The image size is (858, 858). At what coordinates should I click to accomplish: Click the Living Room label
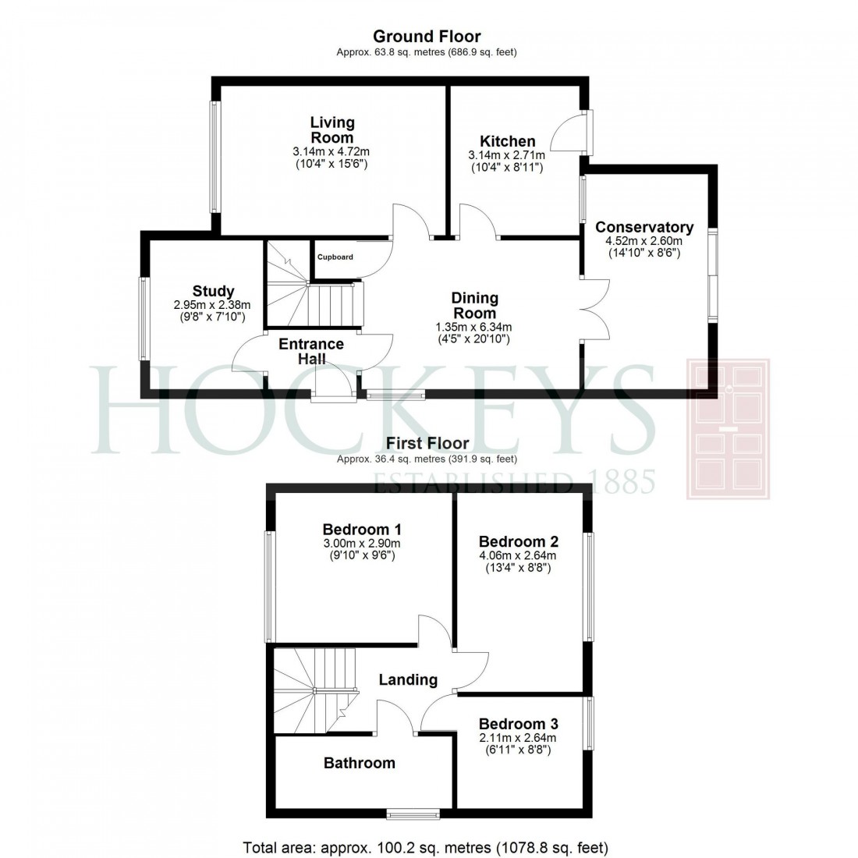(331, 130)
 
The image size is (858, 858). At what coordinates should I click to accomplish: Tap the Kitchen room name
(507, 141)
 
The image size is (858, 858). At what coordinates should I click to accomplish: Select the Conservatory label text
(643, 227)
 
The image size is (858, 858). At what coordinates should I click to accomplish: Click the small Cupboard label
(335, 257)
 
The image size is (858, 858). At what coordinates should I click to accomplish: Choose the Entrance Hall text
(311, 351)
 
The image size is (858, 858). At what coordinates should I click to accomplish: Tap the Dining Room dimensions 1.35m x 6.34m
(475, 327)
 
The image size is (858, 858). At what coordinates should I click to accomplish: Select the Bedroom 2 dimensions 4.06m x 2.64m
(518, 555)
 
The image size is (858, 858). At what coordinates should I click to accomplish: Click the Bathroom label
(360, 763)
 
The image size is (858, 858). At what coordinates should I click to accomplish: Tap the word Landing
(408, 680)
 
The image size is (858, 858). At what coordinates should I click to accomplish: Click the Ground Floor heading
(427, 36)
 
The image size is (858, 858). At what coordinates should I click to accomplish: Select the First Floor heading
(427, 444)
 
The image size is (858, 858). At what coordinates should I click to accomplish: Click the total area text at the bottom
(426, 846)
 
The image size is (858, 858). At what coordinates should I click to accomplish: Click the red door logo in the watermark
(727, 429)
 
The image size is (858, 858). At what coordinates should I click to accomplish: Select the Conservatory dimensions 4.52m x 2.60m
(643, 242)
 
